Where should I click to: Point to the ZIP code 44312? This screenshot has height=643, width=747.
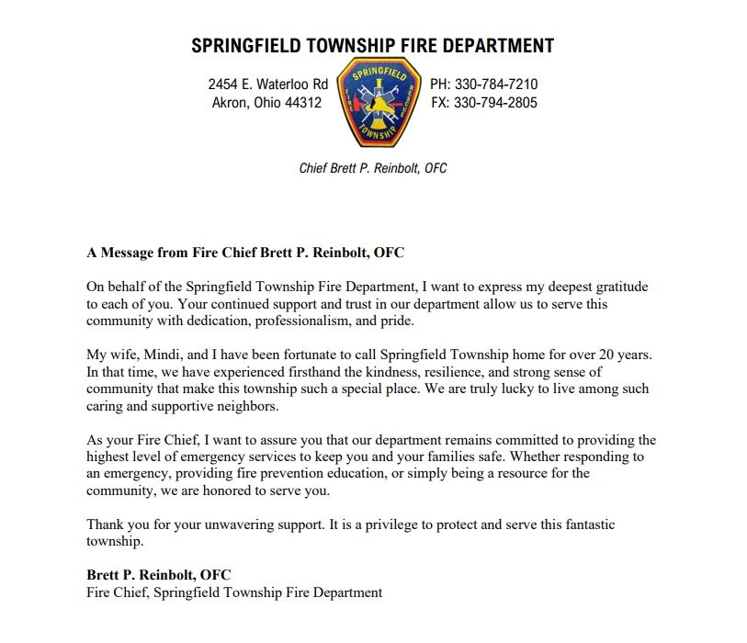(x=304, y=103)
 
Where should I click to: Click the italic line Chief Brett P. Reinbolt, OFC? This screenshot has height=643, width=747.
(x=373, y=169)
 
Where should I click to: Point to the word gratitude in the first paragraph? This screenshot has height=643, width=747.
(x=618, y=287)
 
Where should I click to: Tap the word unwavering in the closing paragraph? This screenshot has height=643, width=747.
(x=257, y=525)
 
